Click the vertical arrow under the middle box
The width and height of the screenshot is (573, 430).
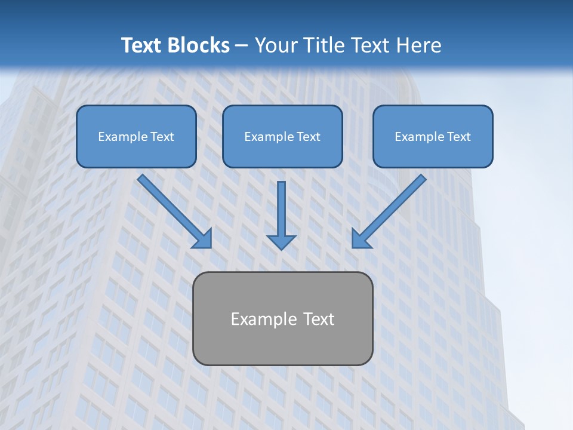click(281, 209)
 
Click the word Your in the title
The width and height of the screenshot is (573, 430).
click(276, 45)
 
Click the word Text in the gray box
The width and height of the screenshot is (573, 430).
click(318, 319)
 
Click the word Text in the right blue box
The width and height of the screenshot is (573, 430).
click(458, 137)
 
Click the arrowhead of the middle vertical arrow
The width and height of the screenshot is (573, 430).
click(281, 242)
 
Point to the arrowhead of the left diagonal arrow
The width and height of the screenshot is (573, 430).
click(203, 239)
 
